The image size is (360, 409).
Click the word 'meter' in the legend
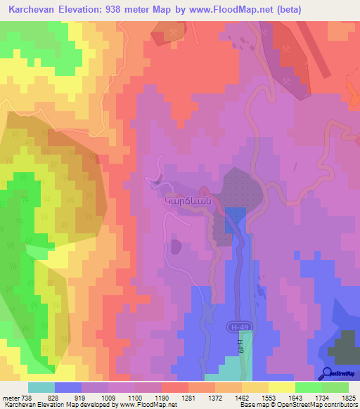pyautogui.click(x=11, y=398)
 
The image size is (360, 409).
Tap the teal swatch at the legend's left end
pyautogui.click(x=41, y=387)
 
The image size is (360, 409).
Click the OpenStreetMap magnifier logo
pyautogui.click(x=328, y=373)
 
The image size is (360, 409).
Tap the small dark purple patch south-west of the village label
pyautogui.click(x=175, y=246)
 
